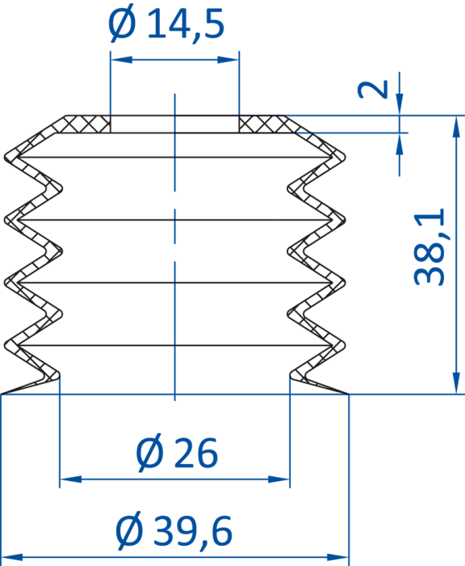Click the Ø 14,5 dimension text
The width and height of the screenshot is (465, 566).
166,24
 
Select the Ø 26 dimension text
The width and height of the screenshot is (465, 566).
177,453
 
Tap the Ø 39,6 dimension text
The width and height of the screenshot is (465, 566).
174,531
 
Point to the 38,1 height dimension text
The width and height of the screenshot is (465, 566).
429,247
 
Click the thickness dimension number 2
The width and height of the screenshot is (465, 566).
372,89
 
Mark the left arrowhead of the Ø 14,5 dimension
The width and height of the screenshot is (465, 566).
121,60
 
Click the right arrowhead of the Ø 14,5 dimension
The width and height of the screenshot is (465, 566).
228,60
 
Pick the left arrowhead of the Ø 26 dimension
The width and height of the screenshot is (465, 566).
71,479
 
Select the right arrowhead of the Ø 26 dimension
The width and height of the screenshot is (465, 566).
279,479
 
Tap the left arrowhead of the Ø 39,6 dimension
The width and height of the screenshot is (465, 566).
12,557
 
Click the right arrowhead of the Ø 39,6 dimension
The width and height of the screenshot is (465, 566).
337,557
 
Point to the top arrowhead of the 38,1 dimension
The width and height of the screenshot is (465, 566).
456,127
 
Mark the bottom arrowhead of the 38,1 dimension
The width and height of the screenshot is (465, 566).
456,383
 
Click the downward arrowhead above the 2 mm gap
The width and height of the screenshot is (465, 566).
400,104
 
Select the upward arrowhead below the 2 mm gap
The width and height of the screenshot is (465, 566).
400,144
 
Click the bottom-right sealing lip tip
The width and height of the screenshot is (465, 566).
348,394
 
